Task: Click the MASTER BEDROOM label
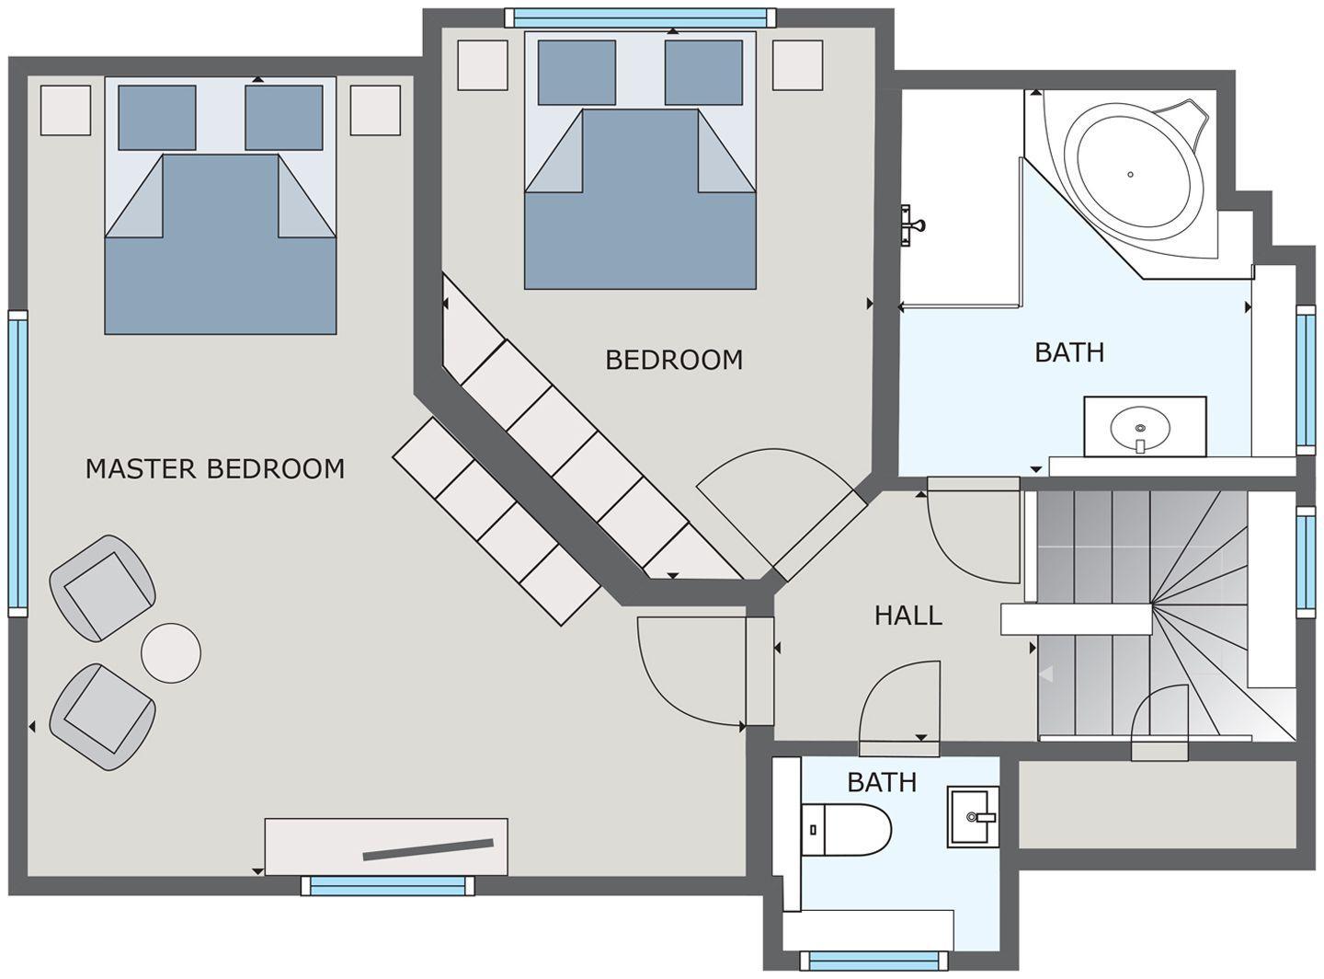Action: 215,469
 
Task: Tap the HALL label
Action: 907,616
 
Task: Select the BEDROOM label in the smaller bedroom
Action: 674,360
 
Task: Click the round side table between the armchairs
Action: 171,653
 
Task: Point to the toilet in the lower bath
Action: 846,830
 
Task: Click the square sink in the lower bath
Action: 973,816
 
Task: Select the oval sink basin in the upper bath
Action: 1139,428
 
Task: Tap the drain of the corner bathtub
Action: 1131,175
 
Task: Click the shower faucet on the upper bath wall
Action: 912,225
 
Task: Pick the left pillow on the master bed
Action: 157,118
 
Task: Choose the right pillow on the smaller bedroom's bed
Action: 703,73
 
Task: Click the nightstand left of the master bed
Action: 65,109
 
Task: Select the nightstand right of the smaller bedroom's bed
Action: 797,65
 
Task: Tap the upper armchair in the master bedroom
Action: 103,588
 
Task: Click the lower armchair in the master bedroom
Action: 103,717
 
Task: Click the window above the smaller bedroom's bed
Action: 640,17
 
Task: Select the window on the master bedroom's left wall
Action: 17,464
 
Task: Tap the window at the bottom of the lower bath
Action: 873,961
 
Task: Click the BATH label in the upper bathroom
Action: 1069,352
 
